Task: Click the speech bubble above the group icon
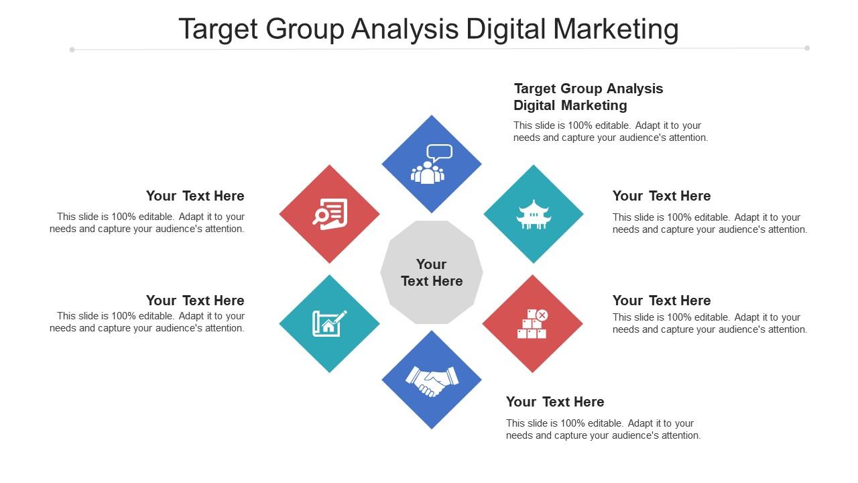(x=439, y=152)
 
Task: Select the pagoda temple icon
(x=534, y=215)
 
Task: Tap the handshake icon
(x=432, y=380)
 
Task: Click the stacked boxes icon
(x=532, y=324)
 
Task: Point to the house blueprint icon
(x=329, y=323)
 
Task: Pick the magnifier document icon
(x=330, y=214)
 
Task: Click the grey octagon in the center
(x=432, y=272)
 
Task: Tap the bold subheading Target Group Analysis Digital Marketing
(x=588, y=97)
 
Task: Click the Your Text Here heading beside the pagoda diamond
(x=661, y=196)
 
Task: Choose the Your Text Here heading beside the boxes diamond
(x=661, y=301)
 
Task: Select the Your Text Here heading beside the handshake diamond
(x=554, y=402)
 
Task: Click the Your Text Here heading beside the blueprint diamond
(x=195, y=301)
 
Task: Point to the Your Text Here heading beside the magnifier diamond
(x=195, y=196)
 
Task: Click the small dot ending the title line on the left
(x=72, y=49)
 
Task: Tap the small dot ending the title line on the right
(x=807, y=48)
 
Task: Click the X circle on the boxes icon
(x=542, y=315)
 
